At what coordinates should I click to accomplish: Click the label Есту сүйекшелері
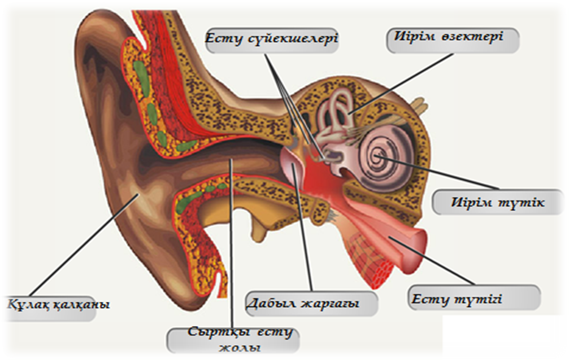pyautogui.click(x=271, y=40)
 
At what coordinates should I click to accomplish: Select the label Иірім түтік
pyautogui.click(x=498, y=202)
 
